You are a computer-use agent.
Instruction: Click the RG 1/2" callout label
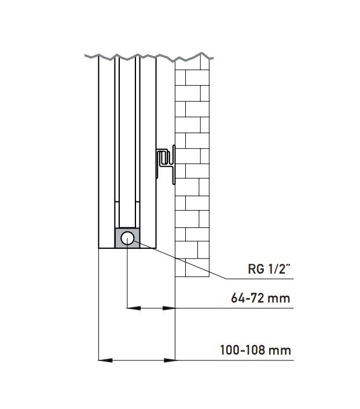(269, 269)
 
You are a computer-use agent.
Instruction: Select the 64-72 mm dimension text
(260, 298)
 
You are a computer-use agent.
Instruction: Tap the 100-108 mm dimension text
(255, 350)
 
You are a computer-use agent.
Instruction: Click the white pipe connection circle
(127, 238)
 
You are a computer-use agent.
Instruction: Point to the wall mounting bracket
(166, 164)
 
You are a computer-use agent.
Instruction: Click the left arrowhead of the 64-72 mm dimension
(134, 308)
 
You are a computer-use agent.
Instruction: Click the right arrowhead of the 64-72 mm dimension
(168, 308)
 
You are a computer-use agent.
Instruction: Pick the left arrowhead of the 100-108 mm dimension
(105, 360)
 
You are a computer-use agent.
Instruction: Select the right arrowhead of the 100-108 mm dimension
(169, 360)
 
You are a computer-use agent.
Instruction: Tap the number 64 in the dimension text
(238, 298)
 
